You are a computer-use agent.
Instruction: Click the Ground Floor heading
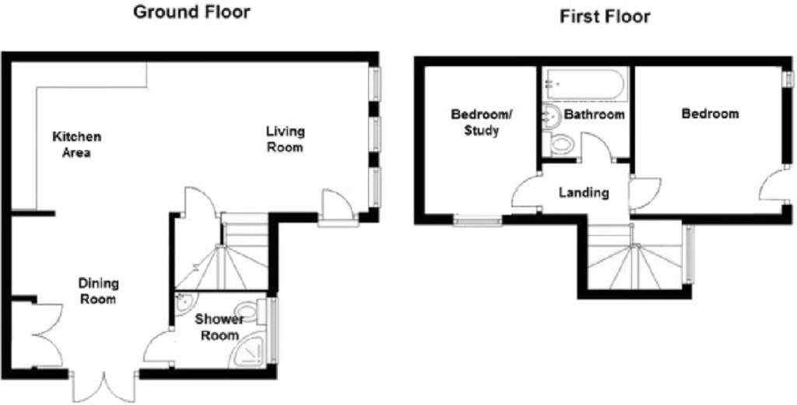pyautogui.click(x=191, y=12)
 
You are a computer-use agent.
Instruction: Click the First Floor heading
pyautogui.click(x=605, y=16)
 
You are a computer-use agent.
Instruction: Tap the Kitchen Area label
pyautogui.click(x=77, y=144)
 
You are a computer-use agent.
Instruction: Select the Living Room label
pyautogui.click(x=285, y=139)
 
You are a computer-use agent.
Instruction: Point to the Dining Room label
pyautogui.click(x=99, y=291)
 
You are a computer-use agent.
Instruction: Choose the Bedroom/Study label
pyautogui.click(x=481, y=122)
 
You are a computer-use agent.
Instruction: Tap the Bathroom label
pyautogui.click(x=594, y=114)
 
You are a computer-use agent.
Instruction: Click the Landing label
pyautogui.click(x=584, y=193)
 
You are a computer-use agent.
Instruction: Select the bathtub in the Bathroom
pyautogui.click(x=586, y=84)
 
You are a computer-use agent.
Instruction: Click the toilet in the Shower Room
pyautogui.click(x=252, y=311)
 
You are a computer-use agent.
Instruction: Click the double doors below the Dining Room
pyautogui.click(x=104, y=387)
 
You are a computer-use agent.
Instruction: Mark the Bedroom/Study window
pyautogui.click(x=477, y=221)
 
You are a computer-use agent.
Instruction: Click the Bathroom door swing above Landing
pyautogui.click(x=599, y=146)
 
